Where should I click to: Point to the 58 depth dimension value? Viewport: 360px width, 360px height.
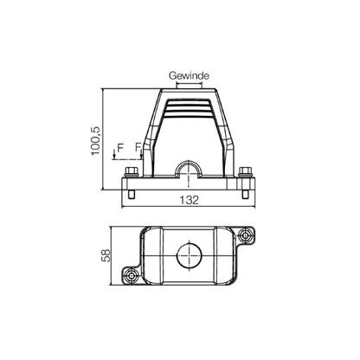[x=105, y=255]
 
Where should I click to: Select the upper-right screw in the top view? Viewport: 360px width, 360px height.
[x=249, y=235]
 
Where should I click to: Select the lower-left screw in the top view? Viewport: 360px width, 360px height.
[x=131, y=276]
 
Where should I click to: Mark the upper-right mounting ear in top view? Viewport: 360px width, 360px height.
[x=248, y=235]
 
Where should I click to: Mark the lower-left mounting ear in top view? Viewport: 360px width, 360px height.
[x=132, y=275]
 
